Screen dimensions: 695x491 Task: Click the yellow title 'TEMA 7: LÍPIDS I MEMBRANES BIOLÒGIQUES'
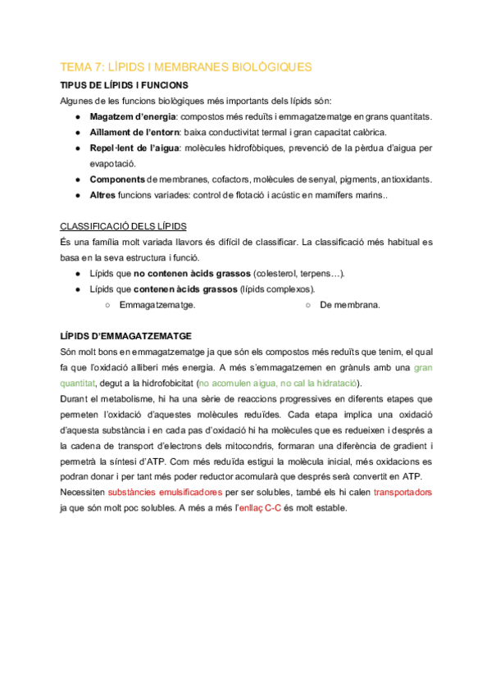pos(187,67)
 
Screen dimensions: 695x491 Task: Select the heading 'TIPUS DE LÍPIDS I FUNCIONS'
pos(125,85)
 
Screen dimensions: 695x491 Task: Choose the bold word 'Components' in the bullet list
pos(117,179)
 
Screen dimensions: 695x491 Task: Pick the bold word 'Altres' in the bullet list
pos(102,195)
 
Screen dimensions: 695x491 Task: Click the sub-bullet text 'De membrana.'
pos(350,305)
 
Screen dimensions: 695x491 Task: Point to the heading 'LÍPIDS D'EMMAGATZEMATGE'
pos(126,336)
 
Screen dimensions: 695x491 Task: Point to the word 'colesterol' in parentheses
pos(281,273)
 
